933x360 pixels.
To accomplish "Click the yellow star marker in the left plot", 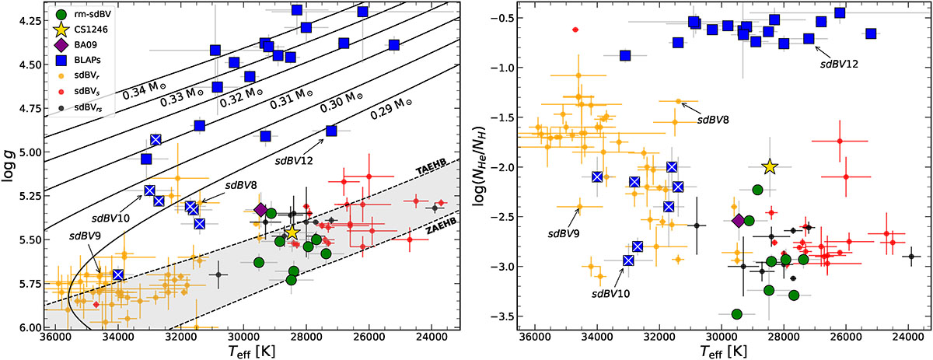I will click(x=292, y=232).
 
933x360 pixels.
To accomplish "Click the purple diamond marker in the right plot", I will click(x=739, y=221).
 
